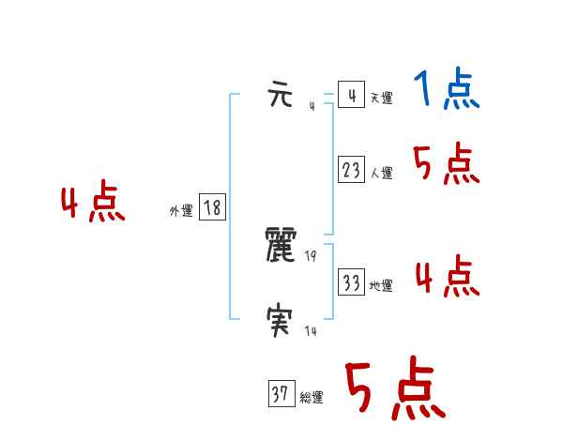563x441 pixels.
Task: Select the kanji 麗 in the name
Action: (x=282, y=246)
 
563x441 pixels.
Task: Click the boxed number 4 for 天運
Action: (x=351, y=96)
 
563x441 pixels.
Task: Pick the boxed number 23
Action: (x=351, y=170)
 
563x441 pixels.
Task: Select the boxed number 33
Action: (x=351, y=282)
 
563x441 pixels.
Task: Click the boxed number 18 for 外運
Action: (x=212, y=208)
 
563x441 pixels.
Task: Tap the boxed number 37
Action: (x=280, y=395)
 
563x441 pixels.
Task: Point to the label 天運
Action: (x=381, y=98)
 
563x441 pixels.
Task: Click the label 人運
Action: (x=381, y=173)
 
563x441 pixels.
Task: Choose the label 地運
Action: (x=381, y=285)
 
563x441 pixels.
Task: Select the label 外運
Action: (x=181, y=211)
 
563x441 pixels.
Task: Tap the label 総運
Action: (x=312, y=398)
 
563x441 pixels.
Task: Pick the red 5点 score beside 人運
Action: (x=447, y=165)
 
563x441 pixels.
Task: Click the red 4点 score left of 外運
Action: (x=93, y=205)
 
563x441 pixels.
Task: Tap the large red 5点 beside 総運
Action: (x=394, y=389)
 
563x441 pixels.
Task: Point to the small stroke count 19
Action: (x=311, y=256)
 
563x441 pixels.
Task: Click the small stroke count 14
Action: (x=311, y=331)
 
